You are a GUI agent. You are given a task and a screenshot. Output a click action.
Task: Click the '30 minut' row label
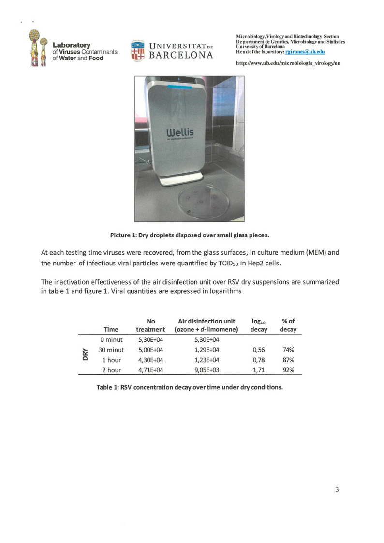pyautogui.click(x=112, y=350)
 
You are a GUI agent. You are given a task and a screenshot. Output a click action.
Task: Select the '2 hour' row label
pyautogui.click(x=112, y=370)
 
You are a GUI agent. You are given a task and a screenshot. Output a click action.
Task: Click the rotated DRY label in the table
pyautogui.click(x=85, y=355)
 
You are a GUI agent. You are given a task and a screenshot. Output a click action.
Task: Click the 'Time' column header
pyautogui.click(x=112, y=329)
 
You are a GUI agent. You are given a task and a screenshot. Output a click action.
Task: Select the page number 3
pyautogui.click(x=337, y=489)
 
